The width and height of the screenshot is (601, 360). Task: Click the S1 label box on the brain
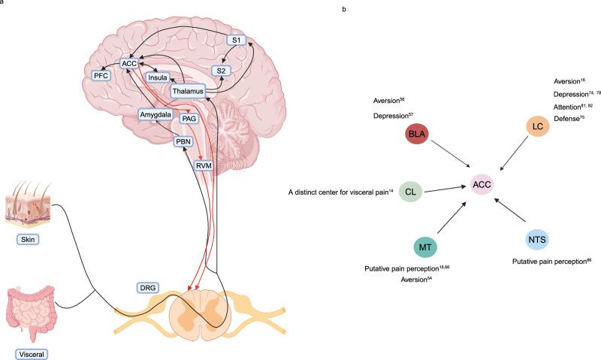point(237,41)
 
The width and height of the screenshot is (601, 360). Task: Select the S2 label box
point(221,71)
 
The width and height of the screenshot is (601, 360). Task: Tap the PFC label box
point(100,76)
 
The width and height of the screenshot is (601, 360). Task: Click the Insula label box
point(157,77)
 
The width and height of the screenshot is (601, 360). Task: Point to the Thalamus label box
point(187,92)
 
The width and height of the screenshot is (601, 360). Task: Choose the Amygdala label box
point(156,114)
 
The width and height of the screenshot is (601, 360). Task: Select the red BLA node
point(416,135)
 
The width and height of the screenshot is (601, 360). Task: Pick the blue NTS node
point(537,240)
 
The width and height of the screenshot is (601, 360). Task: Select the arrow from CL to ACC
point(445,188)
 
